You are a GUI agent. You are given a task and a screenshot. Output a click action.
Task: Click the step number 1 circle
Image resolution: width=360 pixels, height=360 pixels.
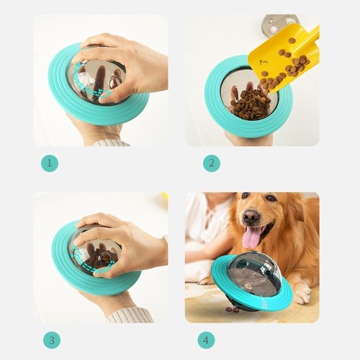(50, 163)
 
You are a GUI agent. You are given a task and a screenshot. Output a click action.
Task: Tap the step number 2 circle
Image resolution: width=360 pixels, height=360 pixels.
(212, 163)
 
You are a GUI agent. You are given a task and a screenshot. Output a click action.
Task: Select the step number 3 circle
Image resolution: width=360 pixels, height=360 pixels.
(52, 341)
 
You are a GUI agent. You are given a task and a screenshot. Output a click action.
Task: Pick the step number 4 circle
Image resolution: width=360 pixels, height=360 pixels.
(206, 341)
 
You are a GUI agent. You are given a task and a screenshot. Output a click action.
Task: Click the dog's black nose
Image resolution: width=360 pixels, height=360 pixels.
(251, 216)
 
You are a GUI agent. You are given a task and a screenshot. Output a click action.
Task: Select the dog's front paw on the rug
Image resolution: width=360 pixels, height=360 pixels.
(303, 292)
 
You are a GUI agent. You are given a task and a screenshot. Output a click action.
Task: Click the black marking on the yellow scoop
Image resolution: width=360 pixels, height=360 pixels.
(264, 63)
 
